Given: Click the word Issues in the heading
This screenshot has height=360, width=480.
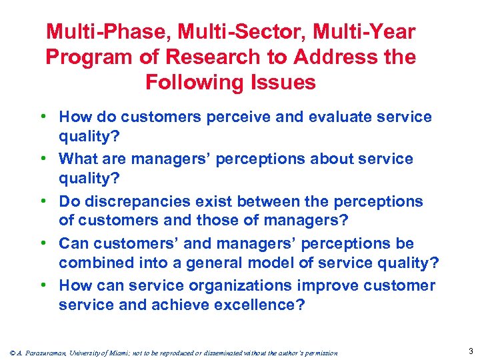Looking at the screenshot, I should [x=283, y=82].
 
